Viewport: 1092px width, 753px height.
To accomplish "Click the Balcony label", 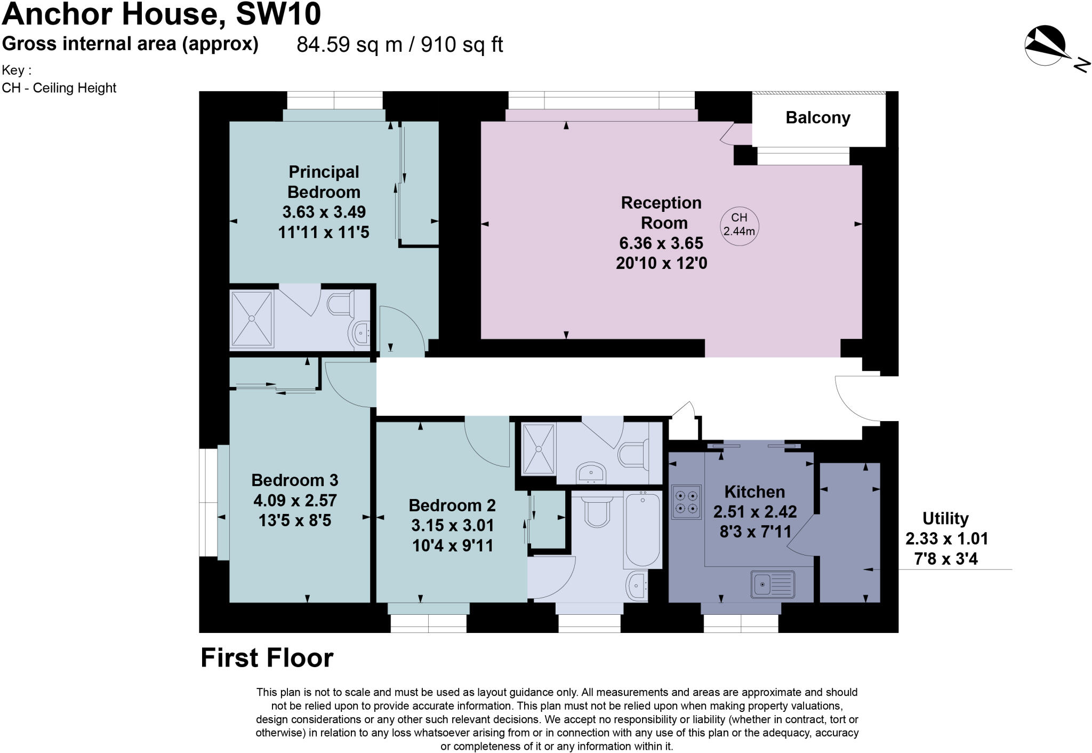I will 817,118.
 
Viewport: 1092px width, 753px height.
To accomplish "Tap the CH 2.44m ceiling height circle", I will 739,225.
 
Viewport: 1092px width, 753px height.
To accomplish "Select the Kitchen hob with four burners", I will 686,502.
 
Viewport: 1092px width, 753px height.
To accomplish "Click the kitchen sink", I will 773,584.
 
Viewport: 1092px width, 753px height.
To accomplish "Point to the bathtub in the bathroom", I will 643,529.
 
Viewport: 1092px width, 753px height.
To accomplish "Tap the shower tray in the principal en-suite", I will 251,319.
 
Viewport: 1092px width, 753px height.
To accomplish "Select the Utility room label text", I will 945,518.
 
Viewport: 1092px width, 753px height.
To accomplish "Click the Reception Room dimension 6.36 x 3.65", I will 661,243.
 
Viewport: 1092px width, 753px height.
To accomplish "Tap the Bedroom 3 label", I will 294,480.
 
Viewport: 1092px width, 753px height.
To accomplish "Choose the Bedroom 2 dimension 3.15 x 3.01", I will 452,526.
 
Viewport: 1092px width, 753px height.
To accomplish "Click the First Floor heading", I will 267,658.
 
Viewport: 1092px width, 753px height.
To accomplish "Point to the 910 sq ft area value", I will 462,45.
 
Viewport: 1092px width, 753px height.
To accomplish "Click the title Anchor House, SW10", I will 162,14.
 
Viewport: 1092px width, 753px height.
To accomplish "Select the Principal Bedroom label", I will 324,182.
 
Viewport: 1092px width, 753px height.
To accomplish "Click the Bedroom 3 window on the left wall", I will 208,503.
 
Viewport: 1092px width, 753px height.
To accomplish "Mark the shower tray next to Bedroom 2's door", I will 539,449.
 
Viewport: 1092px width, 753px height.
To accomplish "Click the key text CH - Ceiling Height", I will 59,88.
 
